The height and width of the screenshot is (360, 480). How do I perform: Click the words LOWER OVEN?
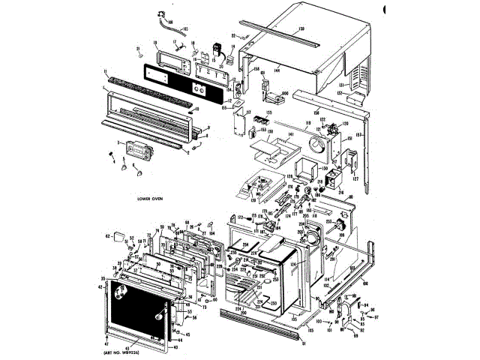[151, 199]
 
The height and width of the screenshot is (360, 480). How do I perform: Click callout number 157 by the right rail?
[367, 134]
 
